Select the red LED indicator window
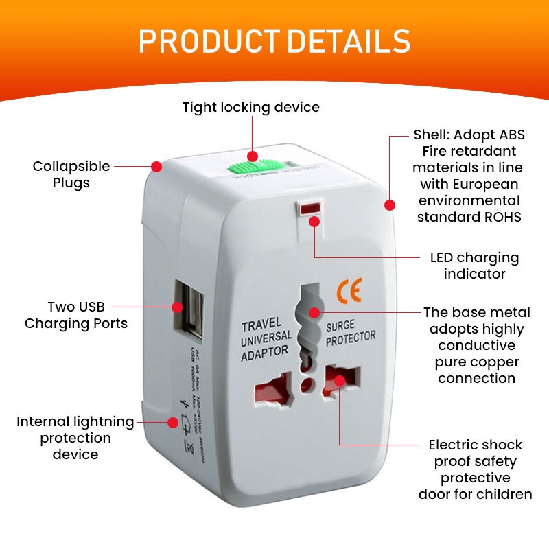point(309,207)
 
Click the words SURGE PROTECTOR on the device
point(350,331)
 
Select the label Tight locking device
point(250,108)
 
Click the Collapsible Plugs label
point(71,174)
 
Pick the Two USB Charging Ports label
point(76,315)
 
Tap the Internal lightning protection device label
point(75,438)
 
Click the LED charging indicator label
point(474,266)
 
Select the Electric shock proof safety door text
point(476,469)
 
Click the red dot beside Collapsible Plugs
point(156,166)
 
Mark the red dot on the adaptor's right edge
point(390,205)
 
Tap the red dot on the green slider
point(253,156)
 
